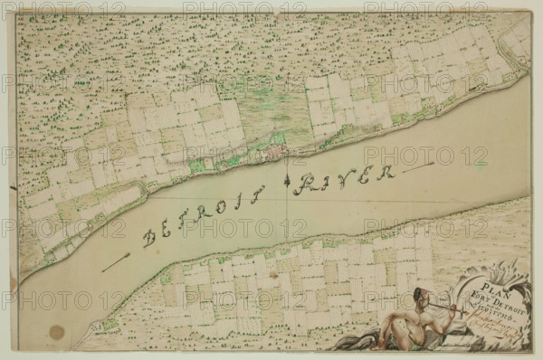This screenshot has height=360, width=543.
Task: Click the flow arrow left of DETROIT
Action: pos(115,262)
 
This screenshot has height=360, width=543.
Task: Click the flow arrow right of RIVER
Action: pos(417,167)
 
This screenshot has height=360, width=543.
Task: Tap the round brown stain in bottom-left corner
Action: pos(57,332)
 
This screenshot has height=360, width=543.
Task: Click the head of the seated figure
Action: pos(419,296)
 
